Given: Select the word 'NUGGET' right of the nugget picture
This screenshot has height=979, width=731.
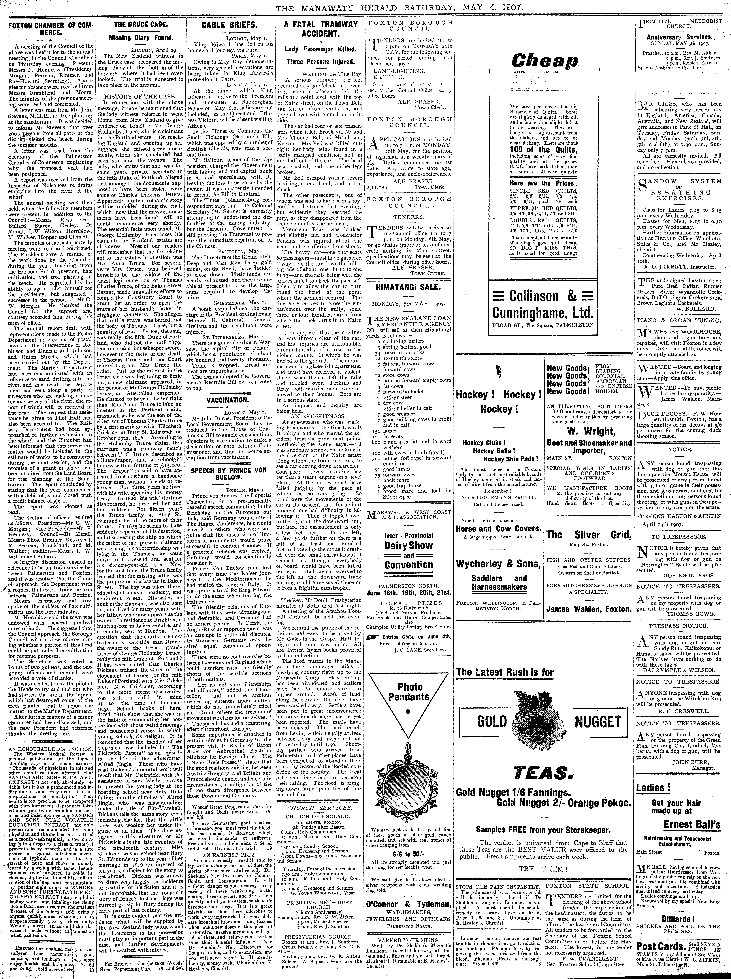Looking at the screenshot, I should tap(598, 722).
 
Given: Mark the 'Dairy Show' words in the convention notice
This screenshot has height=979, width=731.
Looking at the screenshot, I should tap(408, 545).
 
